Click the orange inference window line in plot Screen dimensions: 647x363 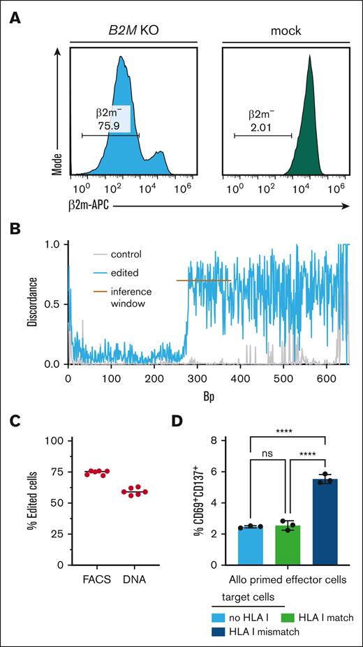coord(204,281)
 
